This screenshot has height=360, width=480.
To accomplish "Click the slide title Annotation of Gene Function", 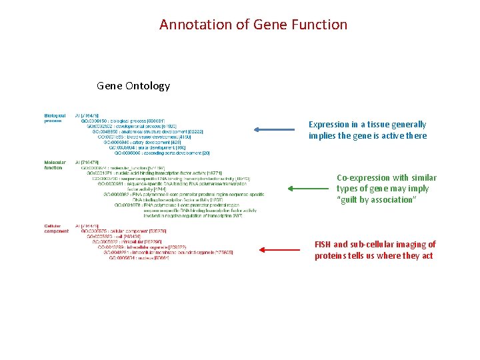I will pyautogui.click(x=253, y=25).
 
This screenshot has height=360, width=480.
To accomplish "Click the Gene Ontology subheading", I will pyautogui.click(x=133, y=85).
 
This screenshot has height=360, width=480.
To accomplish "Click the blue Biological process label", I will pyautogui.click(x=55, y=118).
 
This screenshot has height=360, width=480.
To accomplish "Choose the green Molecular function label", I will pyautogui.click(x=55, y=165).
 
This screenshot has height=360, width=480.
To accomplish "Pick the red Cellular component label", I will pyautogui.click(x=56, y=229).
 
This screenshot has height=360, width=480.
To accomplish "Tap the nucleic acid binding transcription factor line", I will pyautogui.click(x=154, y=173).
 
